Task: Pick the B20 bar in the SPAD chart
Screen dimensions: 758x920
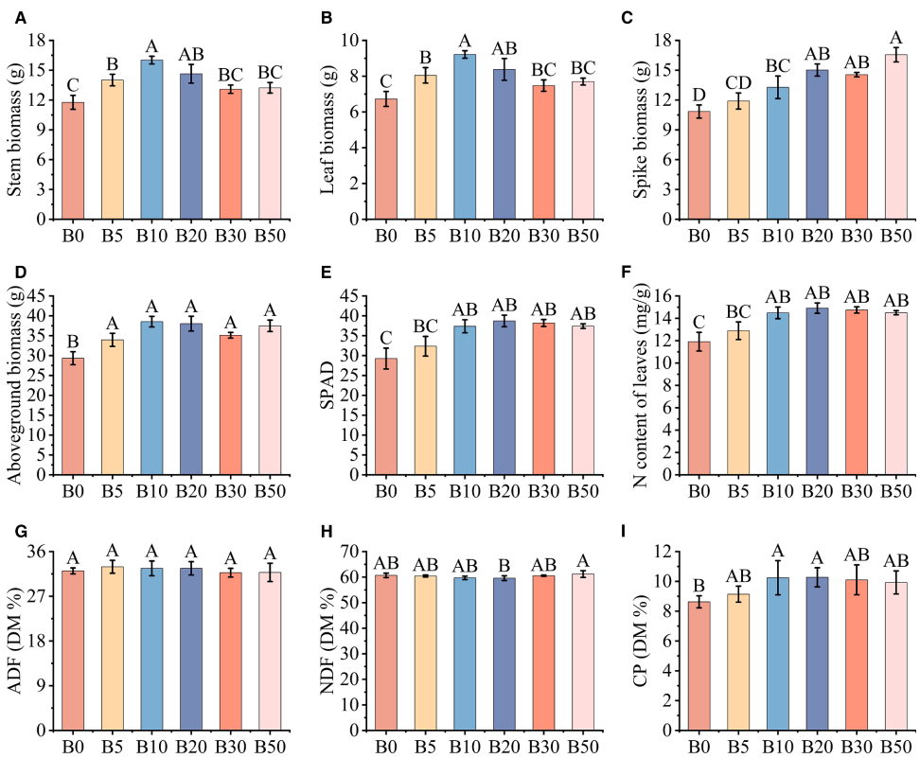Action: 503,397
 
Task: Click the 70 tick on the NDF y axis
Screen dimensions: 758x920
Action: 357,552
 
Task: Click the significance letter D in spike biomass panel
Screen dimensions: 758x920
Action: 699,95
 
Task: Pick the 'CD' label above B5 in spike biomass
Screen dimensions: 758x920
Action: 738,82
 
